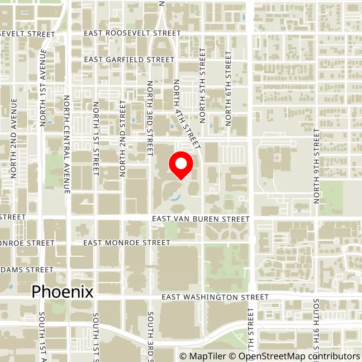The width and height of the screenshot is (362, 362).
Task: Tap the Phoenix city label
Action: pyautogui.click(x=62, y=292)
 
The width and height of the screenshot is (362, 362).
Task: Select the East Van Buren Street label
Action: pyautogui.click(x=200, y=219)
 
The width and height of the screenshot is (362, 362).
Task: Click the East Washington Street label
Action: pyautogui.click(x=215, y=297)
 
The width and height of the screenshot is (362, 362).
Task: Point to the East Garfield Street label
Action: pyautogui.click(x=129, y=60)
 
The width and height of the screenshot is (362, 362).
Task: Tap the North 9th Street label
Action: pyautogui.click(x=316, y=166)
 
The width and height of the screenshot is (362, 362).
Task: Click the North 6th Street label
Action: pyautogui.click(x=229, y=88)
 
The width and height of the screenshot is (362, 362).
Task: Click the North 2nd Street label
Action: pyautogui.click(x=122, y=138)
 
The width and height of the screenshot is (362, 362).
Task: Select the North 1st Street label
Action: pyautogui.click(x=95, y=138)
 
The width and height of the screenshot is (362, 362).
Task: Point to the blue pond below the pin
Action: pyautogui.click(x=175, y=197)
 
